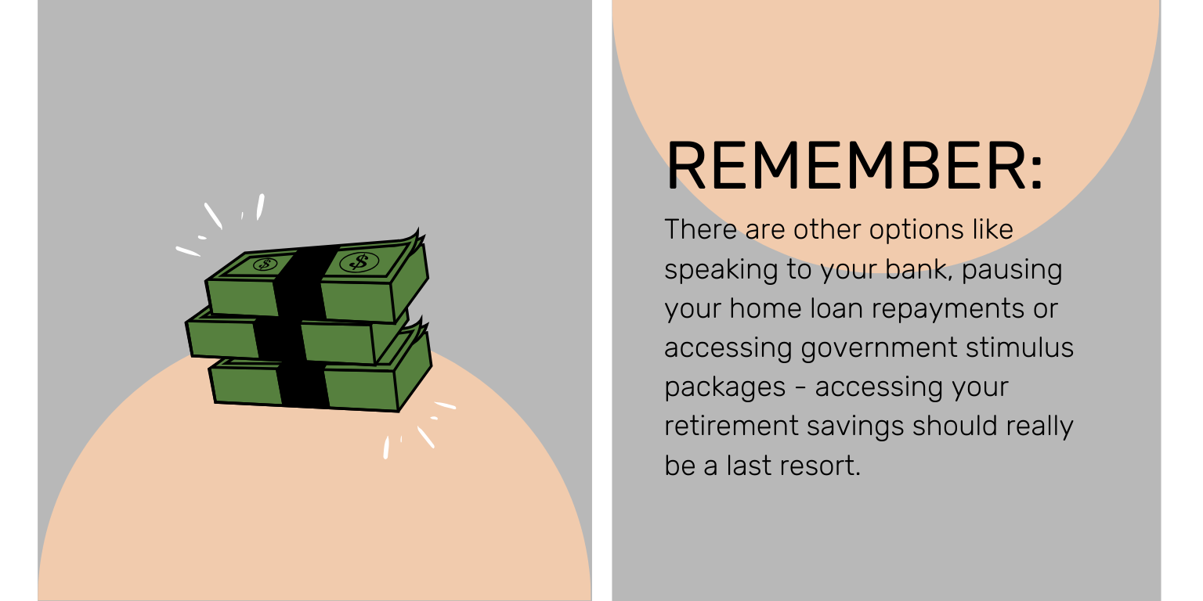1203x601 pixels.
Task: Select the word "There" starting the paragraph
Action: pyautogui.click(x=700, y=229)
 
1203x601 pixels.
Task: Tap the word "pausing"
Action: pyautogui.click(x=1012, y=271)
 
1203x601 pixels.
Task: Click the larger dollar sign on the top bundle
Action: pyautogui.click(x=359, y=262)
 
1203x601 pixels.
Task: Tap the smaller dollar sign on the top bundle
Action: pyautogui.click(x=265, y=265)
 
